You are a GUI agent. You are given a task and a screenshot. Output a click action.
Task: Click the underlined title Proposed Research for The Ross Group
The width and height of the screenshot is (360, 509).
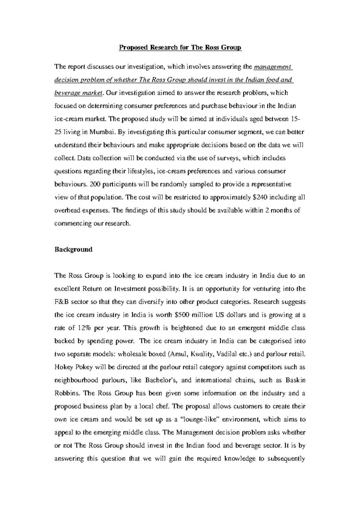pos(180,48)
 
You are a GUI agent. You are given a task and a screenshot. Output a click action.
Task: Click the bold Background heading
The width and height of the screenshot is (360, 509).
pos(73,249)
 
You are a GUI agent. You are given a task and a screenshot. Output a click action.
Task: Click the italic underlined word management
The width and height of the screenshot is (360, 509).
pos(272,67)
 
